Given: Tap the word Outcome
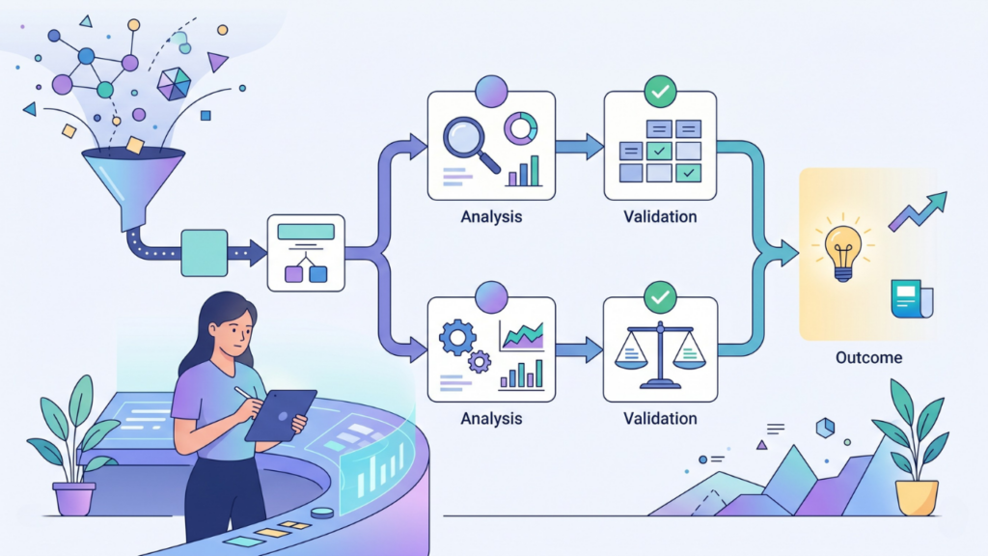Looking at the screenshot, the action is (x=868, y=357).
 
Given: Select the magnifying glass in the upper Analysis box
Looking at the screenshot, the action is (x=470, y=145).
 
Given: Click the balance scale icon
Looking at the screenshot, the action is (x=660, y=354).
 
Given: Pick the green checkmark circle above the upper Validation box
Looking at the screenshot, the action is (x=660, y=92).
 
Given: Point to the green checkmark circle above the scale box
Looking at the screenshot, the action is (x=660, y=297).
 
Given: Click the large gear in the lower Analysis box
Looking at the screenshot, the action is (x=457, y=337).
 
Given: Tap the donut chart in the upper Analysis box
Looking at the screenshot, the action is (x=520, y=128).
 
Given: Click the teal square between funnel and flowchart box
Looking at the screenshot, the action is (x=205, y=253).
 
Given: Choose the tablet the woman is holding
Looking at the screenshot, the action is (x=281, y=415).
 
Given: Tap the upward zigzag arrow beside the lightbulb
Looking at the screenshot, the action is (x=919, y=211).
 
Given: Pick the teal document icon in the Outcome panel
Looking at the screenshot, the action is (x=911, y=299).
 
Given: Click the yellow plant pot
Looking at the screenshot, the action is (x=917, y=497).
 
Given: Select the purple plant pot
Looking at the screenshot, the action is (x=74, y=499).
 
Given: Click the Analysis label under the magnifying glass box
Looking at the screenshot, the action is (x=491, y=217).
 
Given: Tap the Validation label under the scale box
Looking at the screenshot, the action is (x=660, y=419).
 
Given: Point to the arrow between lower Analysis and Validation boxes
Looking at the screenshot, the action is (x=579, y=349).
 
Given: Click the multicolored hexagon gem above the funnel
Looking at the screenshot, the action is (x=174, y=85).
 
